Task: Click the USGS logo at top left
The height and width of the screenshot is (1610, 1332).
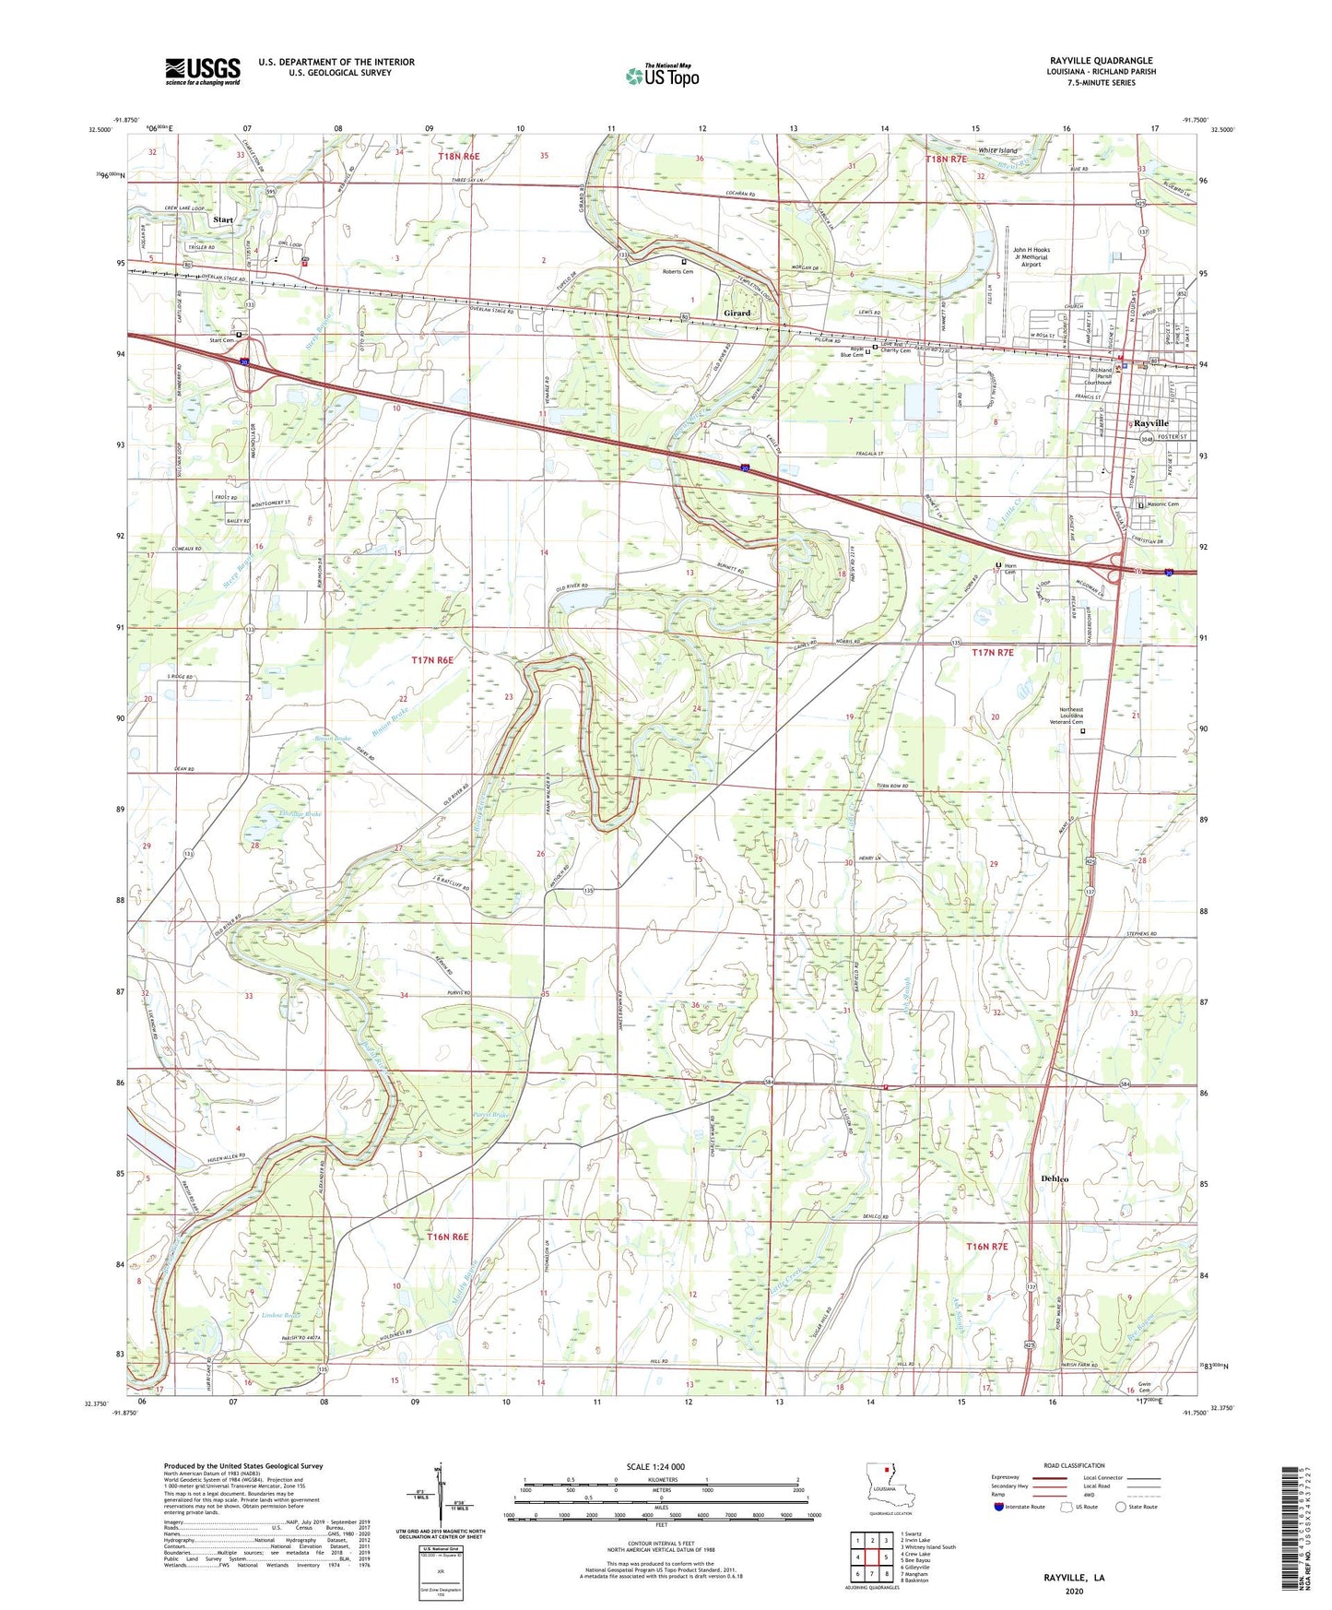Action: pyautogui.click(x=203, y=71)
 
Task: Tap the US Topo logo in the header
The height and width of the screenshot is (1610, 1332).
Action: pyautogui.click(x=662, y=75)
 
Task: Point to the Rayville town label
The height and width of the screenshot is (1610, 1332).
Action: pyautogui.click(x=1150, y=423)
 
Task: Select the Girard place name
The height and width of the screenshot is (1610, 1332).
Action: pyautogui.click(x=737, y=314)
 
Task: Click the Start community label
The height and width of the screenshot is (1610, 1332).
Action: pyautogui.click(x=223, y=220)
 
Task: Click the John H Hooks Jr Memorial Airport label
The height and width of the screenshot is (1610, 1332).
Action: pyautogui.click(x=1031, y=256)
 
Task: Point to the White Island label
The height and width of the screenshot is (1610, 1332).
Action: pyautogui.click(x=997, y=150)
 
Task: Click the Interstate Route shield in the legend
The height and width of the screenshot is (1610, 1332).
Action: pyautogui.click(x=1000, y=1507)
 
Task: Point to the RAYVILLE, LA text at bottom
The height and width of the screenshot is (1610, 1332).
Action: pyautogui.click(x=1074, y=1578)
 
